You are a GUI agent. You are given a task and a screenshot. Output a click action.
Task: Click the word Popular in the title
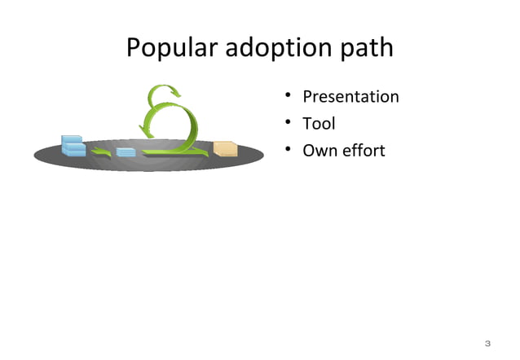pos(169,48)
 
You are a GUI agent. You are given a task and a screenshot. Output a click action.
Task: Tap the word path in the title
pos(367,48)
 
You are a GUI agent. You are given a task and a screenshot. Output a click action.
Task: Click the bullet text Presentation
pos(350,97)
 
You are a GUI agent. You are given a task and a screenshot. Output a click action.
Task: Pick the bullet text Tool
pos(319,124)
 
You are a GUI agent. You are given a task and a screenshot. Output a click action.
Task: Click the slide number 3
pos(487,342)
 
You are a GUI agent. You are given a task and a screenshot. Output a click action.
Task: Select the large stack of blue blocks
pos(73,145)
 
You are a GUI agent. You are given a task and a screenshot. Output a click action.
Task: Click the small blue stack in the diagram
pos(126,151)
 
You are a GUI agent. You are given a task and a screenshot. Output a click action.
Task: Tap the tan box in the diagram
pos(225,148)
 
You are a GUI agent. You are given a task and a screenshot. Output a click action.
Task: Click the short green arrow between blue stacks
pos(101,151)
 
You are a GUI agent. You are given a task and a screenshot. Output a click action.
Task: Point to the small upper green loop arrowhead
pos(173,91)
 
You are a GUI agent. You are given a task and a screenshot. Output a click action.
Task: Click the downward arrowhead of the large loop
pos(148,131)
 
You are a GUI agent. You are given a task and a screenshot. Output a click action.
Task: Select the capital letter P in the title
pos(134,48)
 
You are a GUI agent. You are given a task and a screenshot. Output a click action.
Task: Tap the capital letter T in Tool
pos(307,124)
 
